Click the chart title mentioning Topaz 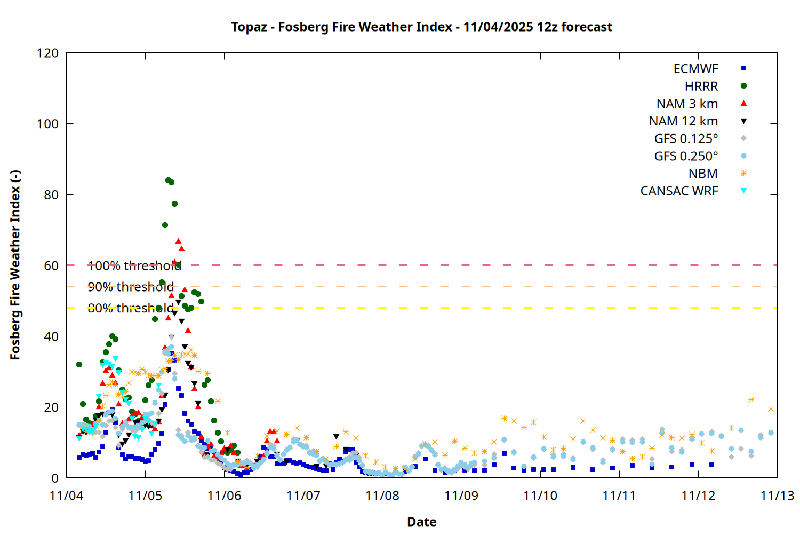click(x=421, y=27)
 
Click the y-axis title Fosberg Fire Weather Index click(x=15, y=265)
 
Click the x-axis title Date click(x=421, y=522)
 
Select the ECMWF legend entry click(x=695, y=69)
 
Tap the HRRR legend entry click(x=701, y=87)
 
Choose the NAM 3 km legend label click(x=687, y=104)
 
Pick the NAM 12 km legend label click(x=683, y=121)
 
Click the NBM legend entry click(x=703, y=174)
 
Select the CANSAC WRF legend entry click(x=679, y=191)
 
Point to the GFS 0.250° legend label click(x=686, y=156)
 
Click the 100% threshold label click(x=134, y=265)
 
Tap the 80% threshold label click(x=131, y=308)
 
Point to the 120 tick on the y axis click(x=47, y=53)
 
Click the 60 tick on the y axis click(x=51, y=265)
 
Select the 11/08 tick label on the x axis click(x=382, y=496)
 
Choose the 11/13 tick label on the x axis click(x=777, y=496)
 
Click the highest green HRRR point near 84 click(x=168, y=180)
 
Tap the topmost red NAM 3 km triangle click(x=178, y=241)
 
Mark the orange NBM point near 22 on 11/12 click(x=751, y=399)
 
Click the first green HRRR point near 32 click(x=79, y=364)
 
